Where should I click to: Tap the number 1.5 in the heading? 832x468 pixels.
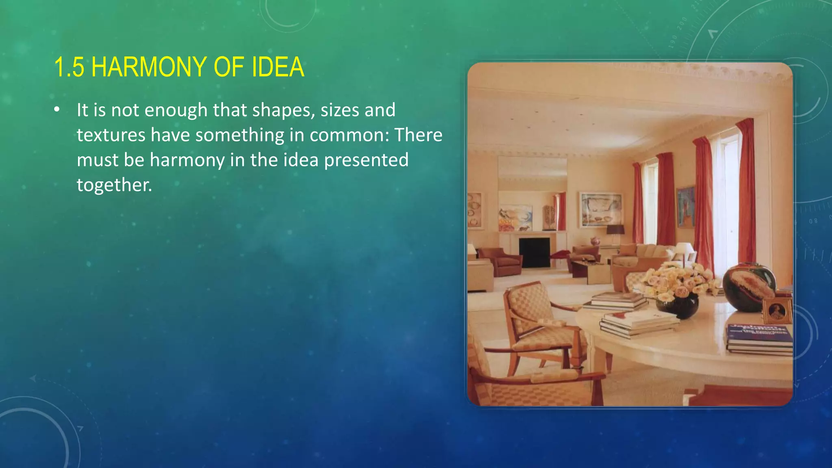point(69,67)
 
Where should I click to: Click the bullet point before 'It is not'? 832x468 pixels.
point(57,110)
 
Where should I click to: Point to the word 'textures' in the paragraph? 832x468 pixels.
point(111,135)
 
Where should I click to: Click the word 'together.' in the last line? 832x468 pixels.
point(114,185)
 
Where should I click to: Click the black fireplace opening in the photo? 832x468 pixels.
point(534,252)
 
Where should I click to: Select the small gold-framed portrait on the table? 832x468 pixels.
point(777,311)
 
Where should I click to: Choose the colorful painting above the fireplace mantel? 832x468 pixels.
point(515,217)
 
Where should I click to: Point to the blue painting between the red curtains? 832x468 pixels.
point(685,207)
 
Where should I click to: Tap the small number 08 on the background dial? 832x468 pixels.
point(813,221)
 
